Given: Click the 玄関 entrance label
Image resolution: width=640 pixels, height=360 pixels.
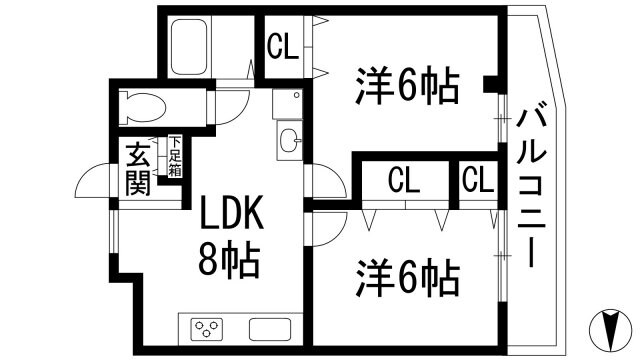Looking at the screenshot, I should pyautogui.click(x=138, y=169).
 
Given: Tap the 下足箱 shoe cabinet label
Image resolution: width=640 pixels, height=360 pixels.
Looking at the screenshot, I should pyautogui.click(x=175, y=157).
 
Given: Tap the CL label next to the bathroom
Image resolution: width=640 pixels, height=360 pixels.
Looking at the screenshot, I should pyautogui.click(x=282, y=46).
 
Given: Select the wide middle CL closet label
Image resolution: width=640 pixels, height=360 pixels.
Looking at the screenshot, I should pyautogui.click(x=404, y=180).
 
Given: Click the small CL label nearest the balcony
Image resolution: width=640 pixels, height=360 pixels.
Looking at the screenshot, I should pyautogui.click(x=478, y=180).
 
